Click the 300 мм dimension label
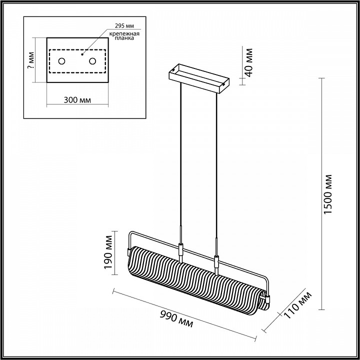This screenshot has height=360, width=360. coord(77,99)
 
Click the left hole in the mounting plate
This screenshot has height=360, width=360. coord(62,61)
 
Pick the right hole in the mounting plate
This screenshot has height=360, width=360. coord(92,61)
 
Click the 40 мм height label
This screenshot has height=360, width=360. coord(248,60)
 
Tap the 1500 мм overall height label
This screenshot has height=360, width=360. coord(328,194)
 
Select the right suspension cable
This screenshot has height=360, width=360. coord(216,170)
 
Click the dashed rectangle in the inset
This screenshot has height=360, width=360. coord(77,49)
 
